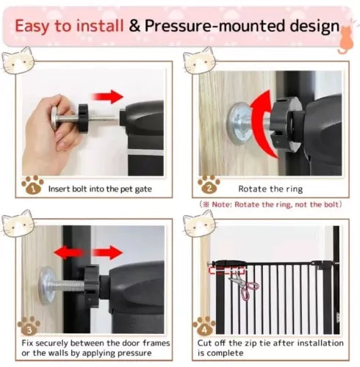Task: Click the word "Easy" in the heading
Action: pyautogui.click(x=32, y=26)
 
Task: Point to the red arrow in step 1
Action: pyautogui.click(x=107, y=97)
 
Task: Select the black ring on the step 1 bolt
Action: pyautogui.click(x=83, y=117)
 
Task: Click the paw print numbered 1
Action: pyautogui.click(x=32, y=185)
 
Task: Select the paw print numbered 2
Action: pyautogui.click(x=209, y=185)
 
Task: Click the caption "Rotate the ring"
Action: pyautogui.click(x=270, y=189)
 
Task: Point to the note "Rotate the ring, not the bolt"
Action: pyautogui.click(x=270, y=204)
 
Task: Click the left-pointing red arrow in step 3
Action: pyautogui.click(x=68, y=252)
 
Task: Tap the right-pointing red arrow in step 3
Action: pyautogui.click(x=107, y=252)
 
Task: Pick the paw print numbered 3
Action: pyautogui.click(x=29, y=326)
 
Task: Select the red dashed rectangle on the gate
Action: pyautogui.click(x=227, y=270)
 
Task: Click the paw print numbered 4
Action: pyautogui.click(x=204, y=326)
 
